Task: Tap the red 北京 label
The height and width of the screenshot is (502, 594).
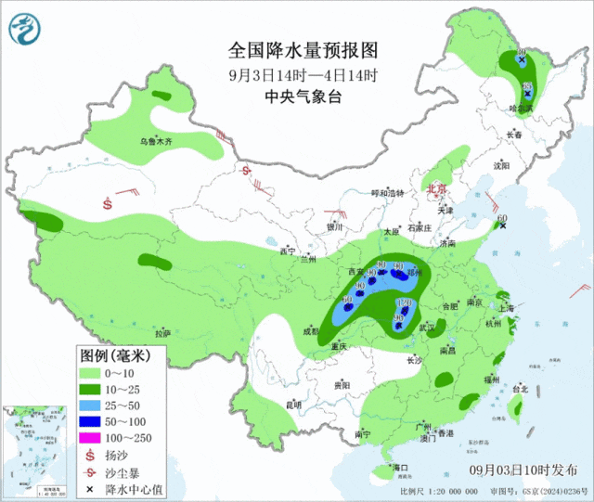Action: pos(436,188)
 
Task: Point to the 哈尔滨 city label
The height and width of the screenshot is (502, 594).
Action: pos(523,109)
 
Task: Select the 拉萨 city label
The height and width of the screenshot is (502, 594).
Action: pos(162,333)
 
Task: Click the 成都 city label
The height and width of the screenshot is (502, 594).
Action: pos(308,330)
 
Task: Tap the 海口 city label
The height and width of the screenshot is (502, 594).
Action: pos(401,467)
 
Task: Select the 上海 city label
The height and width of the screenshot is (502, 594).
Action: pos(506,308)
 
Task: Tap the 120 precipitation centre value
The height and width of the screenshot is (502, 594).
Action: pos(402,303)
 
